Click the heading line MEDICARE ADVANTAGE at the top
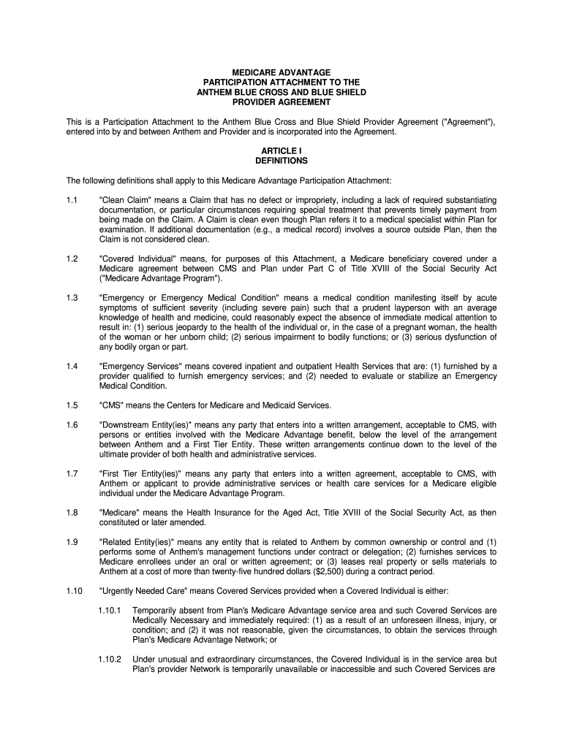(x=281, y=73)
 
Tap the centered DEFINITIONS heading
(x=281, y=161)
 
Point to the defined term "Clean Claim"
(x=125, y=200)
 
